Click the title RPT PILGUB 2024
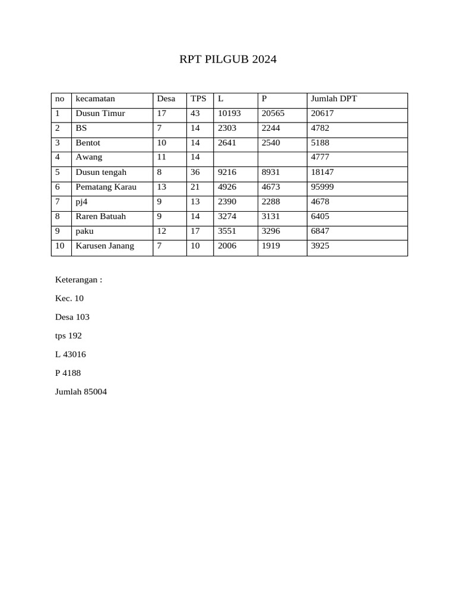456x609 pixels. click(x=228, y=59)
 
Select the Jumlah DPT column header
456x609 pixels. click(x=334, y=99)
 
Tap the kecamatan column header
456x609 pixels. click(x=95, y=99)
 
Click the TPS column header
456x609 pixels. click(x=198, y=99)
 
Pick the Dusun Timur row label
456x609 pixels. click(x=100, y=114)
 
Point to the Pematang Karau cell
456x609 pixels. click(x=106, y=187)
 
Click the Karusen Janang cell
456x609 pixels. click(x=104, y=246)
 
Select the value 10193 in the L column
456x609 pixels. click(x=229, y=114)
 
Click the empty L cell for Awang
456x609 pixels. click(x=235, y=158)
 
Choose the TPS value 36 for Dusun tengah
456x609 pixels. click(x=195, y=172)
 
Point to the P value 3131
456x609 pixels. click(x=271, y=216)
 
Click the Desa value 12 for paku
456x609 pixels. click(x=161, y=231)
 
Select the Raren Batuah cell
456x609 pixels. click(x=101, y=216)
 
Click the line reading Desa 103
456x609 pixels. click(x=72, y=317)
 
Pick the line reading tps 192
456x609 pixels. click(x=68, y=336)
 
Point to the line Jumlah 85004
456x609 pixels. click(x=81, y=392)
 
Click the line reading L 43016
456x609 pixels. click(x=70, y=354)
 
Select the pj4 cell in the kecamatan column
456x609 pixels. click(x=81, y=202)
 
